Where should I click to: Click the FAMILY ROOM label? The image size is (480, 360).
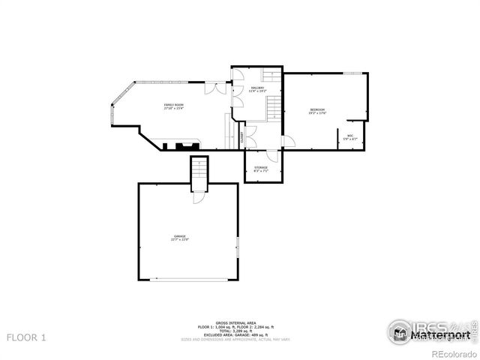point(174,106)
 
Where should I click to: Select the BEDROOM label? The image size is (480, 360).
point(318,112)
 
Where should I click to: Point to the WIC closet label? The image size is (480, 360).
point(350,137)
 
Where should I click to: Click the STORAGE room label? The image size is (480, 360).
point(260,169)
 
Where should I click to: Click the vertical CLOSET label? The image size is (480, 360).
point(242,138)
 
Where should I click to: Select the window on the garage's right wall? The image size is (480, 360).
point(238,247)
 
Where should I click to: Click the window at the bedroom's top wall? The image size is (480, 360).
point(354,73)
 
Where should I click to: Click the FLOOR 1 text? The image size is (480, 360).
point(26,338)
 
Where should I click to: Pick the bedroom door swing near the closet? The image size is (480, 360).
point(289,141)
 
